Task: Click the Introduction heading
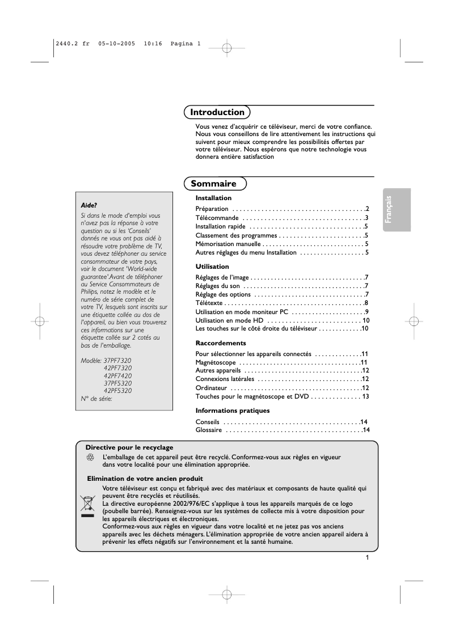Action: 217,112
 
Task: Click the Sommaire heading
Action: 213,184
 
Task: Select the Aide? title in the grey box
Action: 90,205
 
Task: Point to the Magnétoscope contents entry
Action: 216,362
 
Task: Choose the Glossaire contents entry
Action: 209,430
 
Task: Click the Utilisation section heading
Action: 212,266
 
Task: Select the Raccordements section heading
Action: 221,343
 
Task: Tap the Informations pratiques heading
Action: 233,411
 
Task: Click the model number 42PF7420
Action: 117,375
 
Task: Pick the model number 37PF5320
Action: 117,383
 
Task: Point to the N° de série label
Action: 97,399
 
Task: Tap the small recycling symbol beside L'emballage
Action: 90,457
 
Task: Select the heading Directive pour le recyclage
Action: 129,447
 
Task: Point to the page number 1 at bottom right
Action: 368,557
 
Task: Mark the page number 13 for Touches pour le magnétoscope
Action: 365,396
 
